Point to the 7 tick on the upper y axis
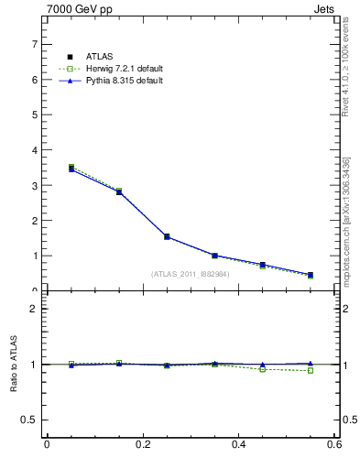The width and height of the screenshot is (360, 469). click(35, 44)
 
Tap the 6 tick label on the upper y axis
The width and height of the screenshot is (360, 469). click(35, 80)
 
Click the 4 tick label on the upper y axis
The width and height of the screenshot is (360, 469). click(35, 150)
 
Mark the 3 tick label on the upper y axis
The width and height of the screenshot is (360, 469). click(35, 186)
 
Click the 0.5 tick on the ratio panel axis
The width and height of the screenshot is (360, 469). click(31, 420)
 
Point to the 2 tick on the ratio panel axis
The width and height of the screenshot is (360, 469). click(35, 309)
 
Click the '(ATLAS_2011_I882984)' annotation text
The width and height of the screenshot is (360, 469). click(190, 273)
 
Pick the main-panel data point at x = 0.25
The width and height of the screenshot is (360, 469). click(167, 236)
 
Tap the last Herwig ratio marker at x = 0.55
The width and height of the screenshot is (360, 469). click(311, 370)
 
